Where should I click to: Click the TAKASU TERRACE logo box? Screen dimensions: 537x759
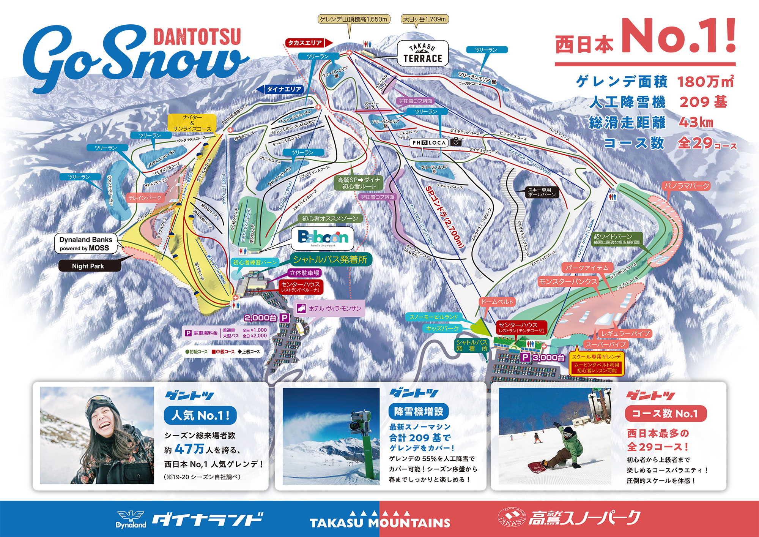point(423,54)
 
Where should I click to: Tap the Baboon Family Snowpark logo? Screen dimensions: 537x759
point(323,238)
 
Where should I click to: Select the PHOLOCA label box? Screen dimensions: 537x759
point(429,142)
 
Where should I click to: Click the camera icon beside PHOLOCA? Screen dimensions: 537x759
point(457,142)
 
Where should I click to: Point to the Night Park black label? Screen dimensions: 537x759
point(89,266)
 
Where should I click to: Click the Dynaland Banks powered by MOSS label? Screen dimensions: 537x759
point(86,244)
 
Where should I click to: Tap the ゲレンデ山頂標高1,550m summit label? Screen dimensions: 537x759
point(354,19)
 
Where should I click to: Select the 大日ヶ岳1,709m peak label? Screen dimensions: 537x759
point(425,19)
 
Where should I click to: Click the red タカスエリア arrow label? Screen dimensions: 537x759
point(307,43)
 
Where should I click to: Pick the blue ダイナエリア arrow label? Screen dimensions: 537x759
point(281,89)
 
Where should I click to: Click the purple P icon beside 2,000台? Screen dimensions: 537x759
point(285,318)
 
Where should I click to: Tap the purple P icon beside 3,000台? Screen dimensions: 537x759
point(525,357)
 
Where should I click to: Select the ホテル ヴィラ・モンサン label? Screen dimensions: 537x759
point(330,308)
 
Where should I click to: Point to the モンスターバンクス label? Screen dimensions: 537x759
point(568,281)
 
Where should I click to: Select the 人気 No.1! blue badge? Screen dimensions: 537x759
point(200,415)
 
